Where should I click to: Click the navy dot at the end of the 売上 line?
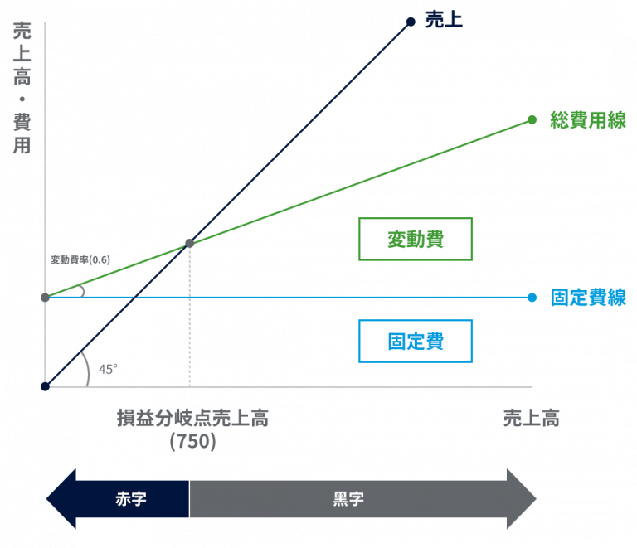pos(411,22)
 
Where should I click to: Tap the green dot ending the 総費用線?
pos(532,119)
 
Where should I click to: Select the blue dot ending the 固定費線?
pos(532,298)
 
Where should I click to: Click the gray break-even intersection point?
pos(190,243)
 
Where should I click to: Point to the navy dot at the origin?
pos(45,386)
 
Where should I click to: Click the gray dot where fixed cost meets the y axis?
pos(45,298)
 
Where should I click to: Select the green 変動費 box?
pos(416,239)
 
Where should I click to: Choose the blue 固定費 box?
pos(416,341)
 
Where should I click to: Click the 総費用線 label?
pos(588,120)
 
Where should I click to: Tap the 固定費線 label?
pos(588,298)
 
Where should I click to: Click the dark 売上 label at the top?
pos(444,20)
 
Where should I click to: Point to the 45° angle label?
pos(108,370)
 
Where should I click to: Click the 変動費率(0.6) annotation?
pos(80,259)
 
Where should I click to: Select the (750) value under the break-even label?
pos(192,441)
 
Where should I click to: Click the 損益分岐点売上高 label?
pos(192,418)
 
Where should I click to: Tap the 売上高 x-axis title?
pos(532,418)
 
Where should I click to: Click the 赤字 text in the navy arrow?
pos(131,499)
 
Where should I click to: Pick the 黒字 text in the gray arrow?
pos(348,499)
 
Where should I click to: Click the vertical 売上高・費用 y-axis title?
pos(22,88)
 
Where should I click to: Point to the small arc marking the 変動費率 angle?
pos(82,291)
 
